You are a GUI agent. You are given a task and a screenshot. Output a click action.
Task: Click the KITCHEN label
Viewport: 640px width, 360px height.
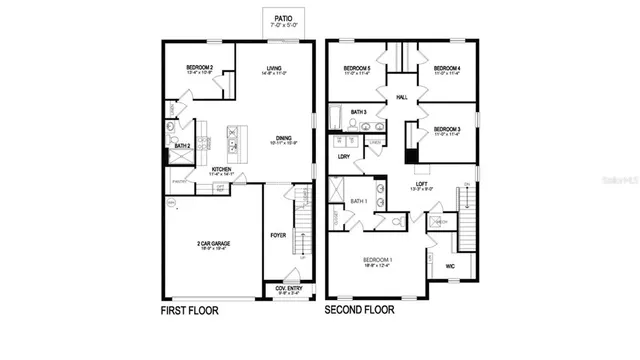[222, 169]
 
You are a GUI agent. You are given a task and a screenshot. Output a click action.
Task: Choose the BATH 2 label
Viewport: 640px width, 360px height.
[182, 146]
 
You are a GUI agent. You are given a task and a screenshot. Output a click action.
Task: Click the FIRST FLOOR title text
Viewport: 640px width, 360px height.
[189, 311]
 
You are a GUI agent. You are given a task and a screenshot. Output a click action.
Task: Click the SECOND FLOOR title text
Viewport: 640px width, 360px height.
[364, 311]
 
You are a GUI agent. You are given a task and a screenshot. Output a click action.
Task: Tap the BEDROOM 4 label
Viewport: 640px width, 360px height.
[445, 68]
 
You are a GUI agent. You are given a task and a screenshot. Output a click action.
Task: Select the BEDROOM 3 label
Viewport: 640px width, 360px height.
[445, 130]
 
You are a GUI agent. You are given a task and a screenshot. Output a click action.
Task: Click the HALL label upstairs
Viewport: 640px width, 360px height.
[402, 97]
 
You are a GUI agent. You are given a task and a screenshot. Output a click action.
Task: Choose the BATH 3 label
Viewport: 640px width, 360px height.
[358, 112]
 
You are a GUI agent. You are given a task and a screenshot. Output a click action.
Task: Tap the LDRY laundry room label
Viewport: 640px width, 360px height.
[343, 156]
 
